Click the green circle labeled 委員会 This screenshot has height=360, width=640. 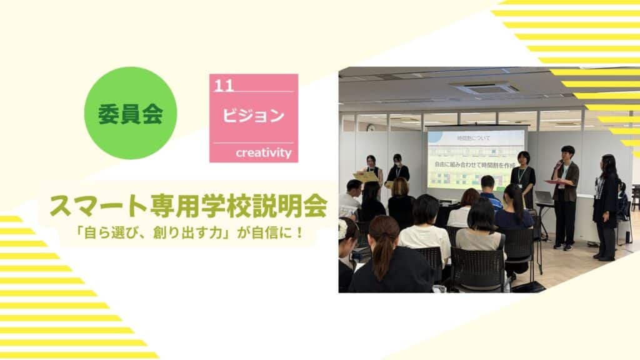131,113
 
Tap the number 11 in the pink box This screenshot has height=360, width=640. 224,86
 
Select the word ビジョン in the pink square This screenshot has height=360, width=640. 254,116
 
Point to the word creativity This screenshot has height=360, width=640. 264,152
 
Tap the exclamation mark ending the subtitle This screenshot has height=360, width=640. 300,233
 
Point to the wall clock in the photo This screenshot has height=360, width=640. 371,127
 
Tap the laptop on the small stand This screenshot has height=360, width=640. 544,197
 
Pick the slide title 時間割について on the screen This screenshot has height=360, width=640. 474,138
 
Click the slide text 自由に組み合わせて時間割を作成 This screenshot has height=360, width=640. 475,165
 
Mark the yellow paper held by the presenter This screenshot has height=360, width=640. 366,176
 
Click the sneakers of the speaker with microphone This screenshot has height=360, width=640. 562,247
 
